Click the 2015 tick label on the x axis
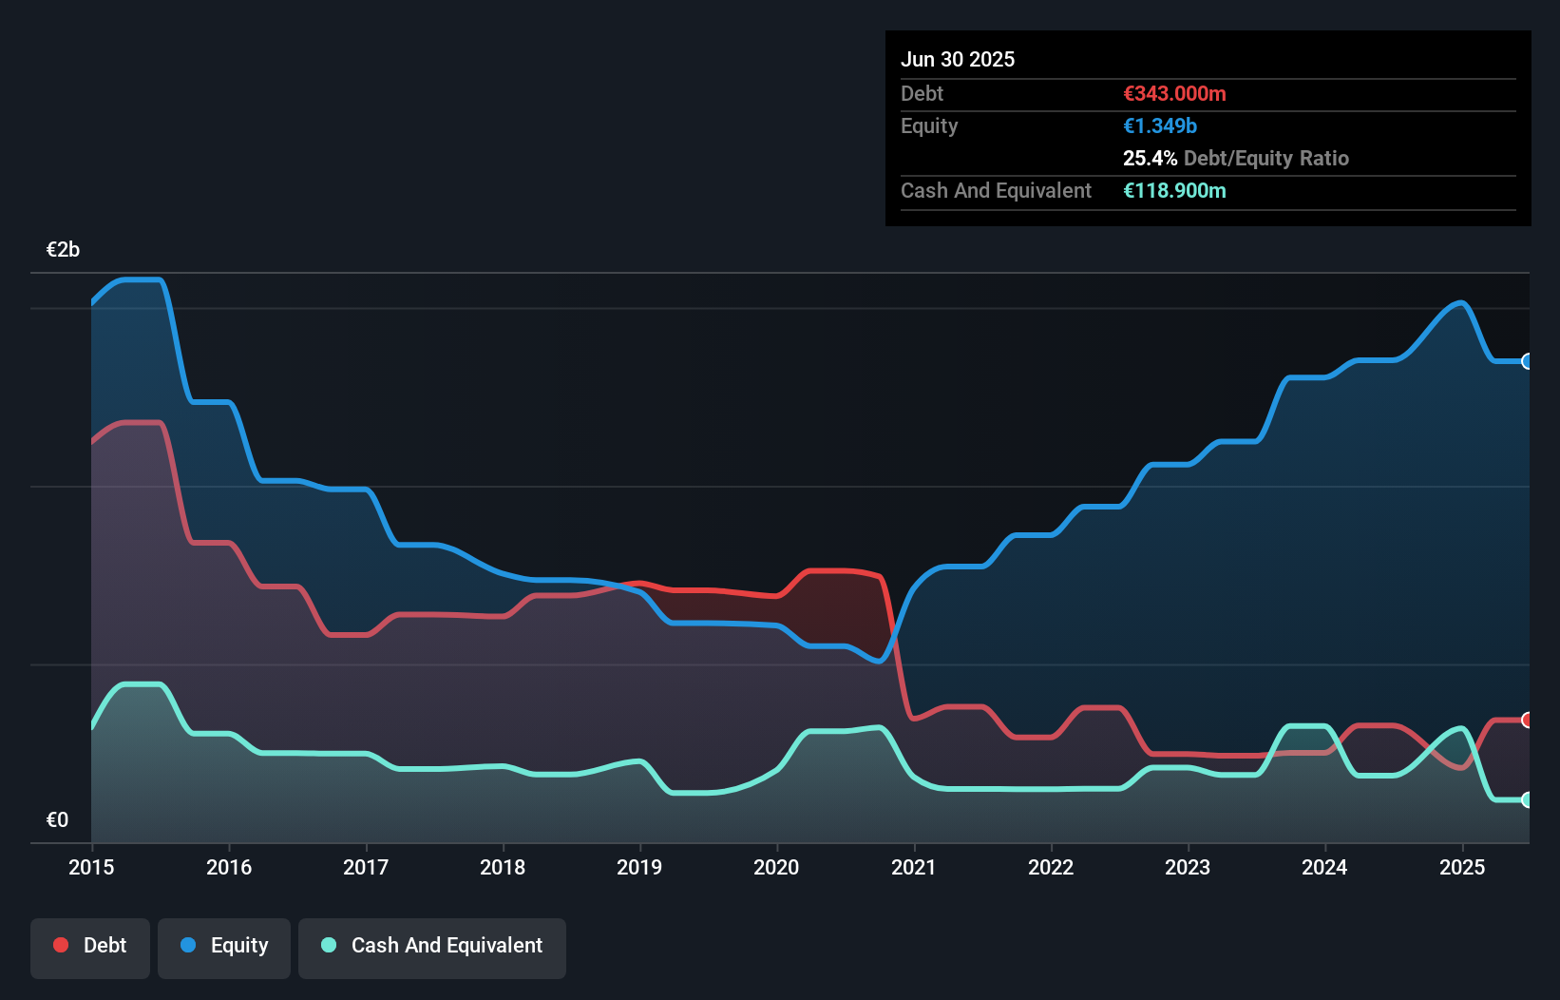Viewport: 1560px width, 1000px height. [91, 867]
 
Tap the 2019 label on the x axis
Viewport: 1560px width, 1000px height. [639, 867]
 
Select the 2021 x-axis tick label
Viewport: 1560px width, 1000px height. [913, 867]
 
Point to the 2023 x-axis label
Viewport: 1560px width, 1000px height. [1188, 867]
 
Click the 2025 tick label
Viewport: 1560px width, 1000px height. [1462, 867]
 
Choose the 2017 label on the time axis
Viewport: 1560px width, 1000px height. [366, 867]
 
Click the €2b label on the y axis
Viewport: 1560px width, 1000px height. [63, 250]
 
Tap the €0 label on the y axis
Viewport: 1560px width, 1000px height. [57, 819]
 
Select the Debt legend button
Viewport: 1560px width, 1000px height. [90, 946]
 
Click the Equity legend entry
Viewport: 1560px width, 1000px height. [224, 946]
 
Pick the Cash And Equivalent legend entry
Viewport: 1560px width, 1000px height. [432, 946]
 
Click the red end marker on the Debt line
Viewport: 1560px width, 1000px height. [1527, 720]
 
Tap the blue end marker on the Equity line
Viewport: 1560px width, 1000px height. [1527, 361]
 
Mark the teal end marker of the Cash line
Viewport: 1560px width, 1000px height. [1527, 799]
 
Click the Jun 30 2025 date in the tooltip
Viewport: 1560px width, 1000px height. [958, 59]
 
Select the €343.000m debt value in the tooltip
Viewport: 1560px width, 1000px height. [1174, 93]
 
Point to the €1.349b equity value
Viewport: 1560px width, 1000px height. [1160, 125]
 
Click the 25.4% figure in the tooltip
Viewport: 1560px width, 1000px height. [1150, 158]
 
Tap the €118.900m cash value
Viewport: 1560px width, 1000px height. [1174, 190]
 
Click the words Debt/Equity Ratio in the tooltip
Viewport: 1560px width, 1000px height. [1266, 158]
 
